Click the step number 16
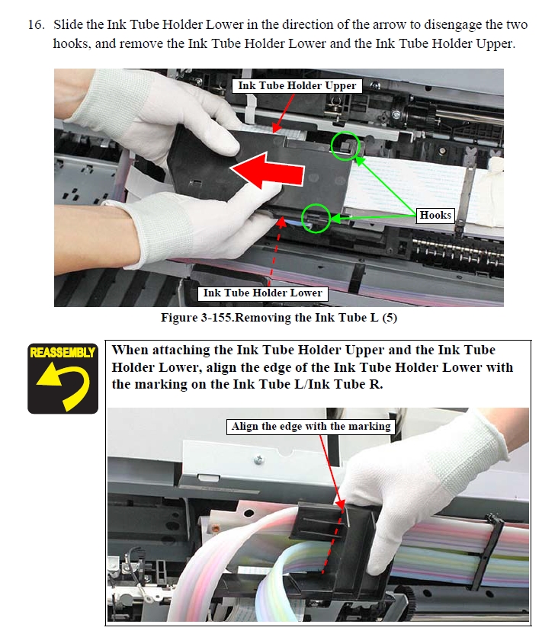pyautogui.click(x=36, y=24)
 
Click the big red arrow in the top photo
pyautogui.click(x=268, y=171)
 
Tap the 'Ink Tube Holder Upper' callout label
pyautogui.click(x=297, y=85)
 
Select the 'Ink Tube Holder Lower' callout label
pyautogui.click(x=262, y=293)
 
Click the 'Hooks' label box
pyautogui.click(x=435, y=215)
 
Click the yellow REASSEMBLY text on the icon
pyautogui.click(x=63, y=352)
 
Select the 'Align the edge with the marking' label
pyautogui.click(x=311, y=427)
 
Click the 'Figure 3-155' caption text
pyautogui.click(x=197, y=317)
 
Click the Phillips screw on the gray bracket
pyautogui.click(x=258, y=459)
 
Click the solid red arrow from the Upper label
pyautogui.click(x=284, y=114)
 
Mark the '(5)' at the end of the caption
pyautogui.click(x=390, y=317)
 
